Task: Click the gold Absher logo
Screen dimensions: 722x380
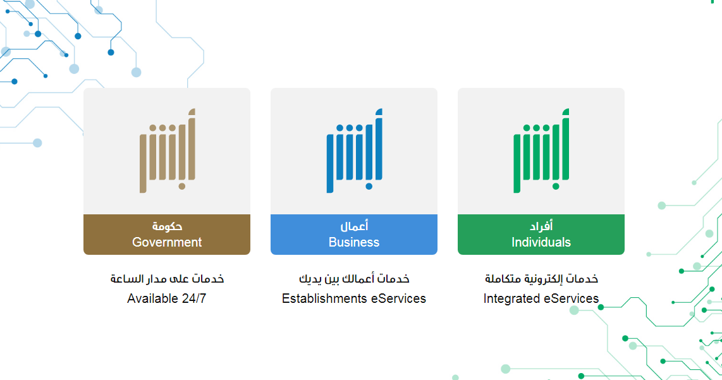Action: click(x=168, y=150)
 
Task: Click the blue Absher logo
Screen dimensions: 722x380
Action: click(x=355, y=150)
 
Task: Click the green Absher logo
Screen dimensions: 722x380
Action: click(x=541, y=150)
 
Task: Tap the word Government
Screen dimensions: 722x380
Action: click(x=167, y=242)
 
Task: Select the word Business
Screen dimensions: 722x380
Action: click(x=354, y=242)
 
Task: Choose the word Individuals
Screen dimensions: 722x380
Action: click(x=541, y=242)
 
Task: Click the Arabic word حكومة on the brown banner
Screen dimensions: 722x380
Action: click(x=167, y=226)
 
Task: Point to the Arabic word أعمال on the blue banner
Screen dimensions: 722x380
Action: click(x=354, y=226)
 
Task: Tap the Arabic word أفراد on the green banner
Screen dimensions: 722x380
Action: click(x=541, y=226)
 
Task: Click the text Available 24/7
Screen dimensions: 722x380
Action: click(x=167, y=298)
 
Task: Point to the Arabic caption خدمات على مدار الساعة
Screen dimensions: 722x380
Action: click(x=167, y=279)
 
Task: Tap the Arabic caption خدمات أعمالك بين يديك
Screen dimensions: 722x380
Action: click(x=354, y=279)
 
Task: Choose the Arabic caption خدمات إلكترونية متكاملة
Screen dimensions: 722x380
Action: click(x=541, y=279)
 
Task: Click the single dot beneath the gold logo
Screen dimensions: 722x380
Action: click(x=182, y=187)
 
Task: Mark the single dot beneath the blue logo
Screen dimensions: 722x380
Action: click(x=369, y=187)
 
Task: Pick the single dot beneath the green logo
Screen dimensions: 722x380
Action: click(x=556, y=187)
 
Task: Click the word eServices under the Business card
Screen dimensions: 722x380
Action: click(x=399, y=298)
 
